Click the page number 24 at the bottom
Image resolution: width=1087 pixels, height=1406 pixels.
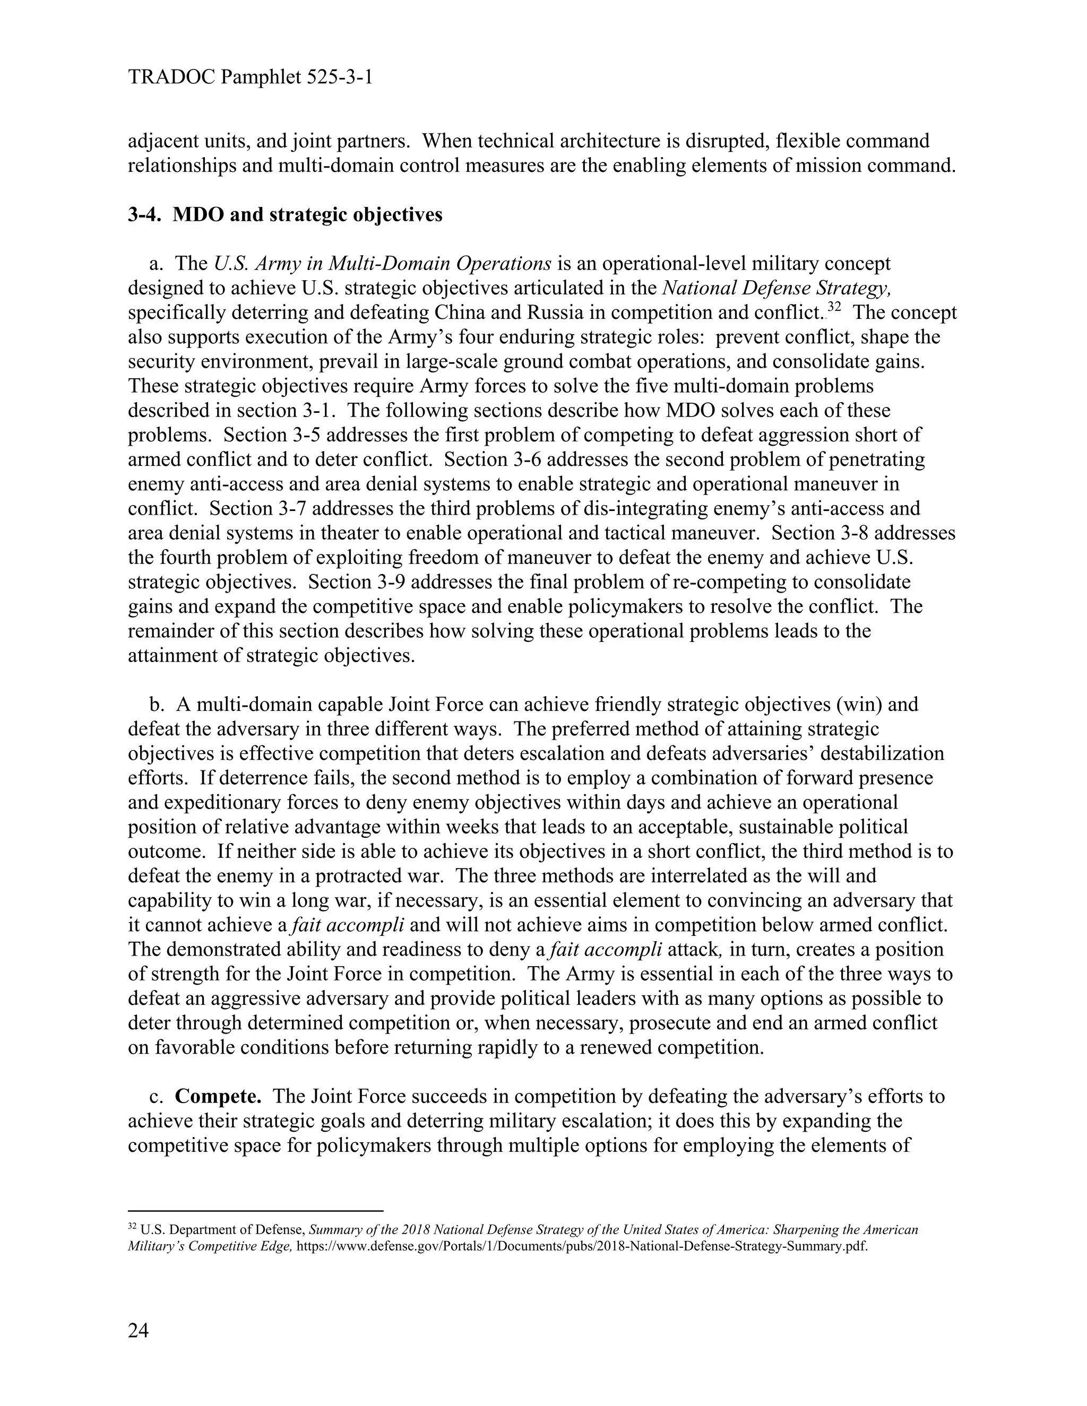[x=139, y=1330]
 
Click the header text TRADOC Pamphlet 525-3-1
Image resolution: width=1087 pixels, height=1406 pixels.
[x=251, y=78]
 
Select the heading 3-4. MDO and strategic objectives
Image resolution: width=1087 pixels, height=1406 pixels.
[x=285, y=214]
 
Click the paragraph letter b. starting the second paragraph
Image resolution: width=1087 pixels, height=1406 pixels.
[x=157, y=704]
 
